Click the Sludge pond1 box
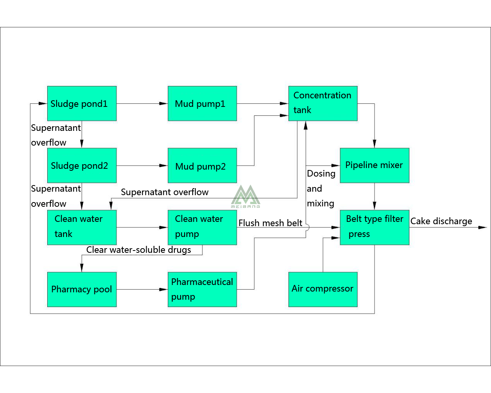(x=82, y=103)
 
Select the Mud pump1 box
(x=202, y=103)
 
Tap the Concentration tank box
(x=323, y=103)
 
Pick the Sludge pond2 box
(x=82, y=165)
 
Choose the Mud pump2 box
(x=202, y=165)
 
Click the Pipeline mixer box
(x=374, y=165)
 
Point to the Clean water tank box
(x=82, y=227)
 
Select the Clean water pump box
(x=202, y=227)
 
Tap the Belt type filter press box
(x=374, y=227)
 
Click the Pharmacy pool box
(x=82, y=289)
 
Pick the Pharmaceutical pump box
(x=202, y=289)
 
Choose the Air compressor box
(x=323, y=289)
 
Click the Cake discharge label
(x=441, y=221)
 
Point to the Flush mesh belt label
(x=270, y=223)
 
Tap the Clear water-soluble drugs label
(x=139, y=250)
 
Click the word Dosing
(x=321, y=173)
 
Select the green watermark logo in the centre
(x=245, y=196)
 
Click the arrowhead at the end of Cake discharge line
(x=482, y=227)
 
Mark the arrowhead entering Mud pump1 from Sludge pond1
(x=164, y=103)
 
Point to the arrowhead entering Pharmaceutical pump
(x=164, y=289)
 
